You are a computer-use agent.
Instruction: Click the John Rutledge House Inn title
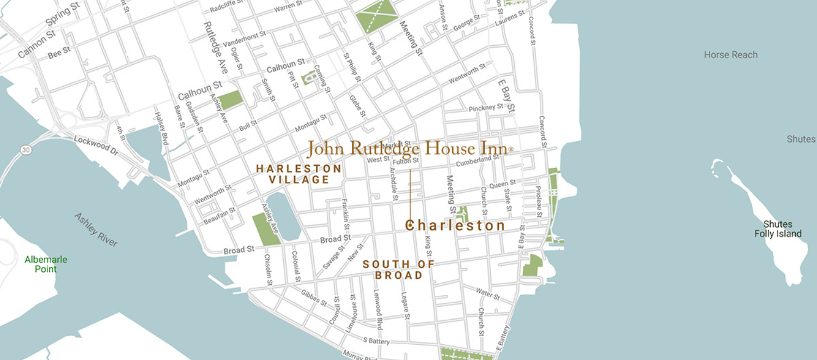(409, 148)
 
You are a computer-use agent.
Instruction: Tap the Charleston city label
(456, 225)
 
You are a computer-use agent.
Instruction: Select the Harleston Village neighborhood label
(299, 174)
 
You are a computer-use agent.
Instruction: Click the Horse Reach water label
(730, 55)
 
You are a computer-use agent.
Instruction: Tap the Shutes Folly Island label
(778, 229)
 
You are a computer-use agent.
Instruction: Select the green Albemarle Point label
(46, 264)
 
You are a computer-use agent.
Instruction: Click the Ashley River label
(96, 230)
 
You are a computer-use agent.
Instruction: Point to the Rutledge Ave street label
(216, 47)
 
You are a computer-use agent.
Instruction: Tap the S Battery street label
(376, 341)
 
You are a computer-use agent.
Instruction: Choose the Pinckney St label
(486, 108)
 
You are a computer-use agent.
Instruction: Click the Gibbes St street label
(314, 298)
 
